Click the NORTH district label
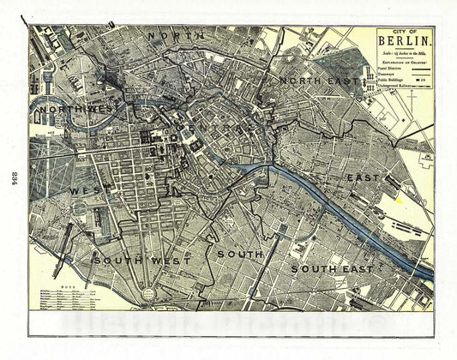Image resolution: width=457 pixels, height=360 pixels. [176, 36]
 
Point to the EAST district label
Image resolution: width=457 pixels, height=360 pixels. [363, 177]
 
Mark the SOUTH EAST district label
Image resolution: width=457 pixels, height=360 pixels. [331, 269]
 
